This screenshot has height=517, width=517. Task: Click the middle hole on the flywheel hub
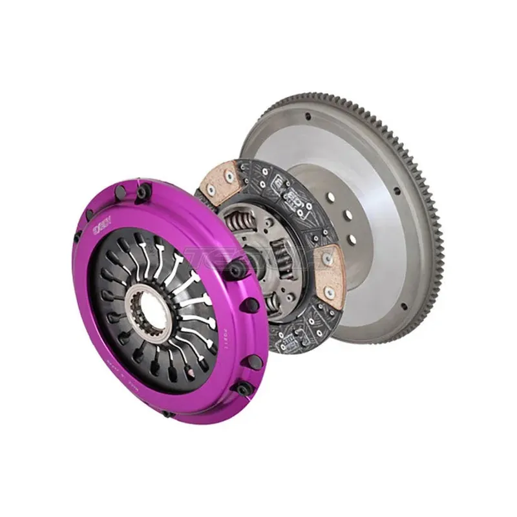tap(348, 217)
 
